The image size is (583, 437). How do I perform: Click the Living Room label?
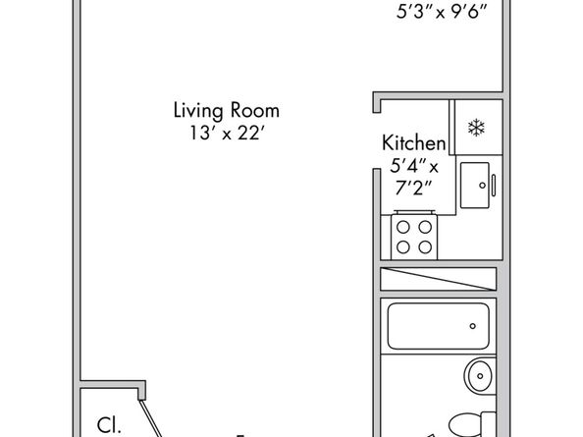[x=227, y=111]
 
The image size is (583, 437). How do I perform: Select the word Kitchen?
[x=414, y=142]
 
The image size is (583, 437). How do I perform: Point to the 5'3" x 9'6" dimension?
[x=442, y=12]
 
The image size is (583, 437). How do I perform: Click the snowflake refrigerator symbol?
[x=476, y=128]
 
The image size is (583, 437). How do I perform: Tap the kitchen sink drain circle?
[x=482, y=186]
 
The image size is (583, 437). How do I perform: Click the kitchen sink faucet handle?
[x=494, y=186]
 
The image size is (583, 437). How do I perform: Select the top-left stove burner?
[x=403, y=227]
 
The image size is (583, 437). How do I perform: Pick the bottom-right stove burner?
[x=425, y=246]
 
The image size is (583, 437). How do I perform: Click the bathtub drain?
[x=472, y=326]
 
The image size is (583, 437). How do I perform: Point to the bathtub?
[x=438, y=326]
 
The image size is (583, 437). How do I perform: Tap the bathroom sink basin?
[x=480, y=376]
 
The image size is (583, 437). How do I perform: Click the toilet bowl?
[x=464, y=425]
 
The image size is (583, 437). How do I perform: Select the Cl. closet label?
[x=109, y=425]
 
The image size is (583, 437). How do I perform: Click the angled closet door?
[x=152, y=418]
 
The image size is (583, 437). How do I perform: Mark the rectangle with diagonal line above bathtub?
[x=439, y=279]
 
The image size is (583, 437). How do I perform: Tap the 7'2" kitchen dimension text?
[x=413, y=188]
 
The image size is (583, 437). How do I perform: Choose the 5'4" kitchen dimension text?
[x=414, y=166]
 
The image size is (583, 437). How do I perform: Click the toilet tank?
[x=489, y=424]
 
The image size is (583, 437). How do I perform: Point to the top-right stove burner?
[x=425, y=227]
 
